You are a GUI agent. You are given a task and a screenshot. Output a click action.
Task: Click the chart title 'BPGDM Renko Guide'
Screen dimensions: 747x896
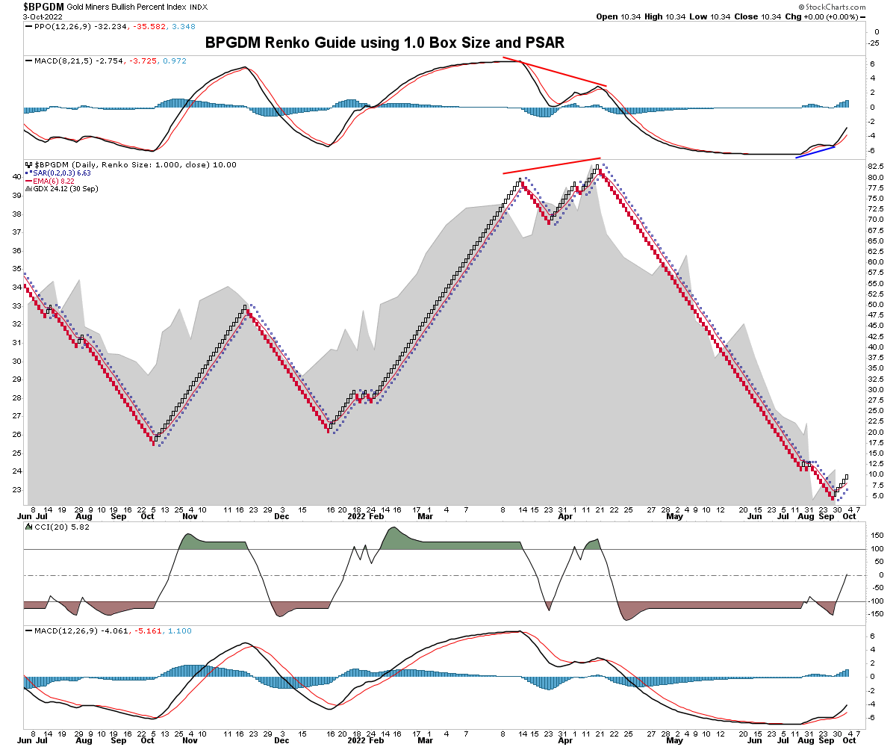(385, 43)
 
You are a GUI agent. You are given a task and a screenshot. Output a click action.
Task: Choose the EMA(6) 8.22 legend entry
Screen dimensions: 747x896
(51, 181)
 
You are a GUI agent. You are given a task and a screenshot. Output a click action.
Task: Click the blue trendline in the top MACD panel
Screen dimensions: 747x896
(815, 152)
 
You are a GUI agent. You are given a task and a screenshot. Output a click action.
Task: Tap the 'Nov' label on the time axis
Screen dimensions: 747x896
(190, 515)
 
